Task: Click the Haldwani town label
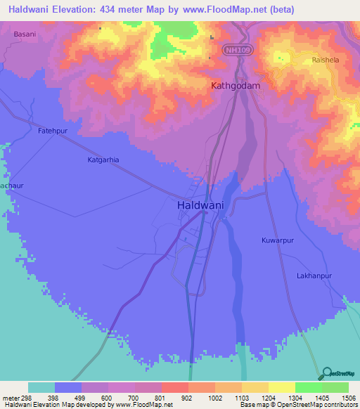pos(201,205)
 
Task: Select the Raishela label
pos(325,60)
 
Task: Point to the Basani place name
pos(25,33)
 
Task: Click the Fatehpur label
pos(51,131)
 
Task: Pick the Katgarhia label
pos(103,160)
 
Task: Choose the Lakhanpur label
pos(314,276)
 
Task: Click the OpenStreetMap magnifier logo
pos(327,372)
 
